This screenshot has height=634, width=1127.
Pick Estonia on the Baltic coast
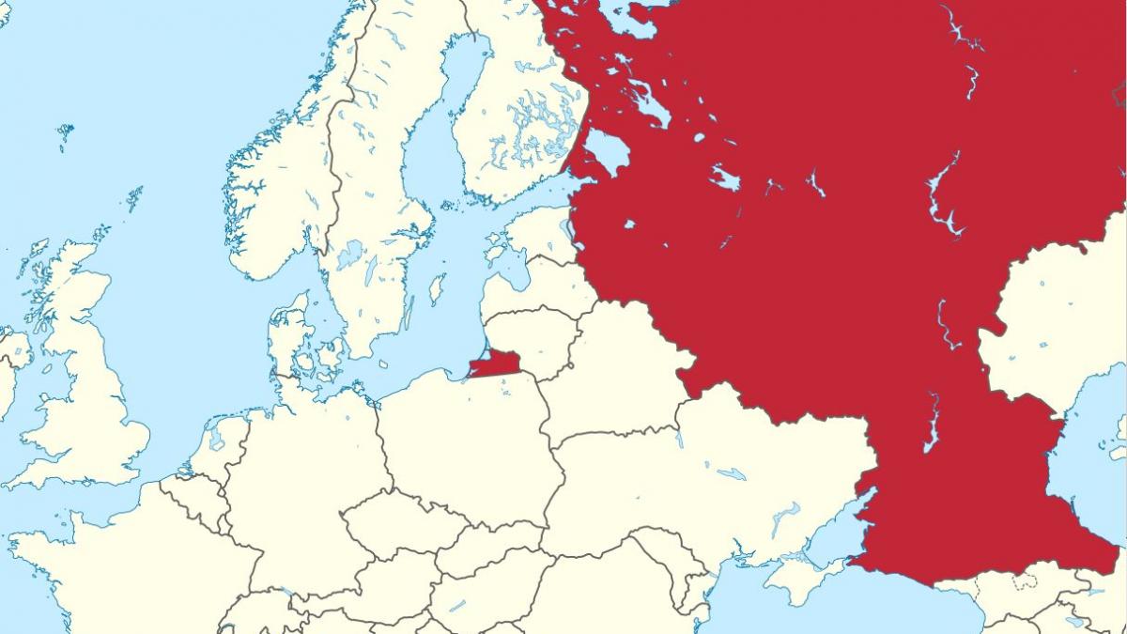(535, 235)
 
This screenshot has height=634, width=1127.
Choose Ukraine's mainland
(714, 470)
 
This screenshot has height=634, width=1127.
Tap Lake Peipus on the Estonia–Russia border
(569, 231)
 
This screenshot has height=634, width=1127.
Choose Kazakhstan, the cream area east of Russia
(1052, 319)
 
